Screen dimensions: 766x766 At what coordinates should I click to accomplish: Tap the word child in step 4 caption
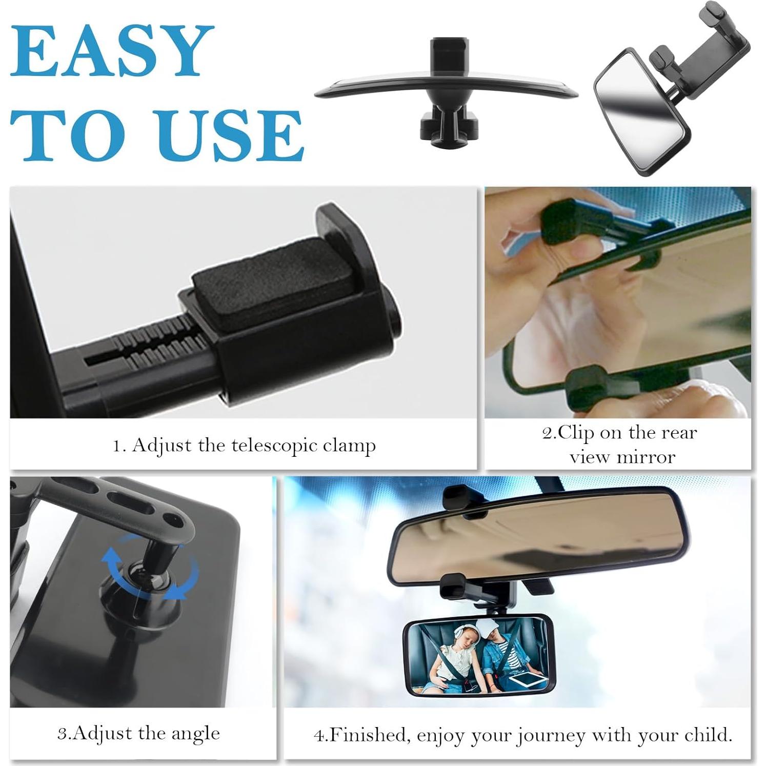(x=707, y=735)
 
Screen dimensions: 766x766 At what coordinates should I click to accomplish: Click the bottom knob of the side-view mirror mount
(x=445, y=128)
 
